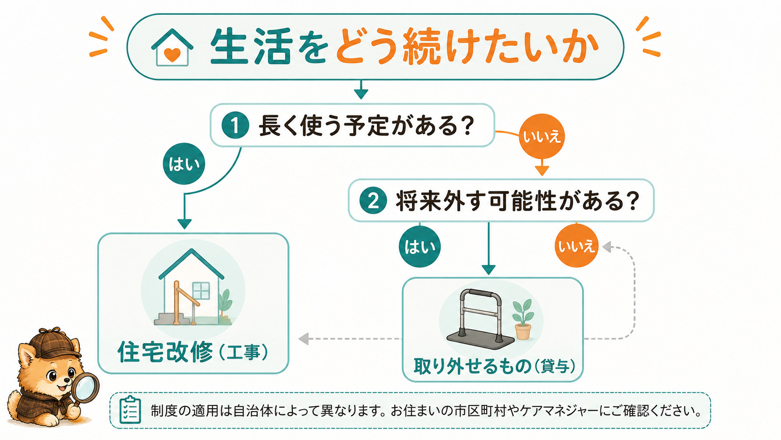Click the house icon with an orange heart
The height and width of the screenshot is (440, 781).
172,47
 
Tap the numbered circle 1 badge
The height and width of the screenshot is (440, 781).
235,125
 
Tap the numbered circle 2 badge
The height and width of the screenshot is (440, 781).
373,201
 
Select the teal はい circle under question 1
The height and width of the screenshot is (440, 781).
184,164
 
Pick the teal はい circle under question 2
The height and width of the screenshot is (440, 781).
420,246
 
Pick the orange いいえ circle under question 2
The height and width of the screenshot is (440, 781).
577,246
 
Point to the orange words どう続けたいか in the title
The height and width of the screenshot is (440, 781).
467,47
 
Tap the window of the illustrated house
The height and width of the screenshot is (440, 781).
201,291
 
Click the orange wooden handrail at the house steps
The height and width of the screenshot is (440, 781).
184,302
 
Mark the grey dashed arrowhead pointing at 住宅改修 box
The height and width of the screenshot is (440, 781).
304,339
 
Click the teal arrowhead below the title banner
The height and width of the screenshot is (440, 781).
361,94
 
